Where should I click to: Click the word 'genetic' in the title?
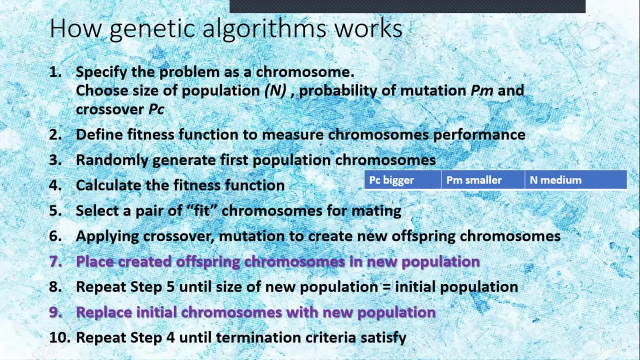(x=152, y=29)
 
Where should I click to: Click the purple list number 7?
(x=55, y=261)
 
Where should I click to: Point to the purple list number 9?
(x=55, y=312)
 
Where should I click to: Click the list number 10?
(x=59, y=337)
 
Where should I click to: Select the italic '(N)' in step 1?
(x=275, y=90)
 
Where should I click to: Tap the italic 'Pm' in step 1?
(x=482, y=90)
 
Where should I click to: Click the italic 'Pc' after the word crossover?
(x=156, y=109)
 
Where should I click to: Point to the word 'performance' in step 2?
(x=479, y=134)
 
